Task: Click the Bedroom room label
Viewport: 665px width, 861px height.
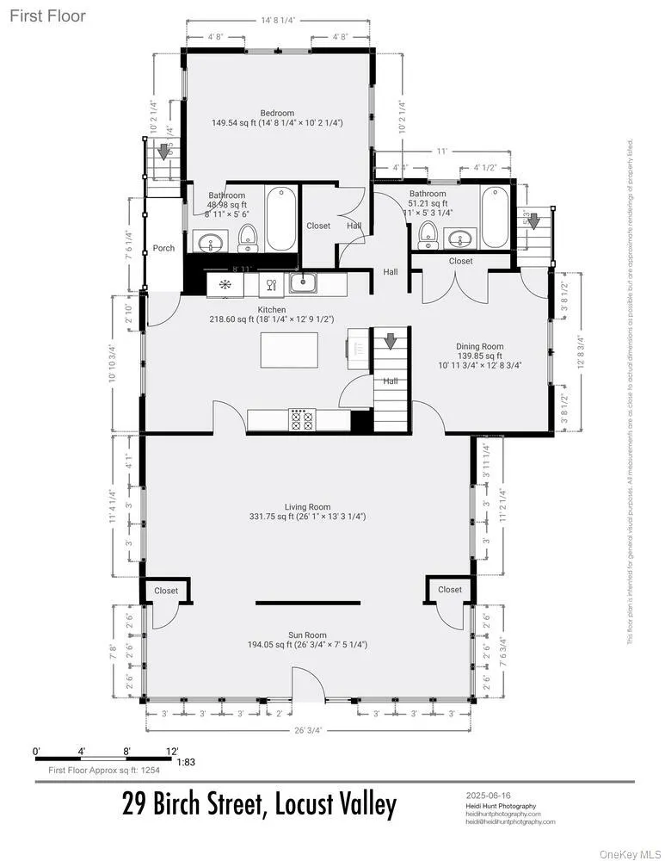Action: (x=277, y=113)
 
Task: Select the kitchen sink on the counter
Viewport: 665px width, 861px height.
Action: (x=305, y=282)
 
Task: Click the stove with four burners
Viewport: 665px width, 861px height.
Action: (x=302, y=419)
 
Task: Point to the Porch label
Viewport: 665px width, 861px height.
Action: (x=163, y=248)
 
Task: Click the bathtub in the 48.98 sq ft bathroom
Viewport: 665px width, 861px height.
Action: (x=280, y=218)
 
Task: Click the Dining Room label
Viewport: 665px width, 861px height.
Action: (x=479, y=347)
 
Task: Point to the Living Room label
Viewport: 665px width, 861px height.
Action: (x=308, y=507)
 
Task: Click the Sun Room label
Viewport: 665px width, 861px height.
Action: (x=307, y=635)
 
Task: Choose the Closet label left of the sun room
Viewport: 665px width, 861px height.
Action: (x=165, y=591)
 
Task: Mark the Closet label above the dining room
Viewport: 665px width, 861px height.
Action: (x=460, y=261)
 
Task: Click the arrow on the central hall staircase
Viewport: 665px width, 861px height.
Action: (x=390, y=342)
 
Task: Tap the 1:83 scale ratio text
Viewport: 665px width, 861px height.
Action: (x=186, y=762)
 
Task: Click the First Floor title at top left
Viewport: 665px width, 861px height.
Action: (x=48, y=16)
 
